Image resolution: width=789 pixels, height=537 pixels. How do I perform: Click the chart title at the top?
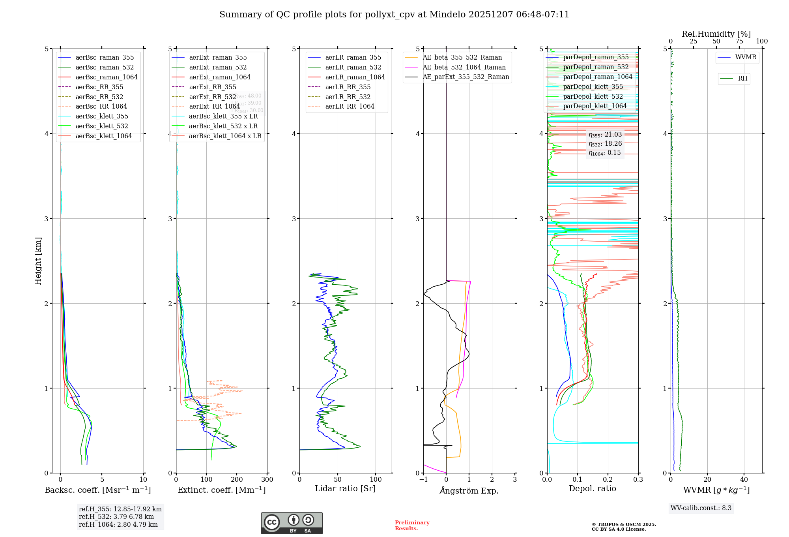click(x=394, y=15)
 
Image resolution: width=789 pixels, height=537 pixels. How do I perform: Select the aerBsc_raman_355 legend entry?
click(x=105, y=58)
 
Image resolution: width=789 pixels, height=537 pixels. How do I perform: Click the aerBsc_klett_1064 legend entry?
click(x=103, y=136)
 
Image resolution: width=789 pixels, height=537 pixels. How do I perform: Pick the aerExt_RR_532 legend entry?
click(x=212, y=97)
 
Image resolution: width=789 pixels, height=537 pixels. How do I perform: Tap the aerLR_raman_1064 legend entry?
click(x=355, y=77)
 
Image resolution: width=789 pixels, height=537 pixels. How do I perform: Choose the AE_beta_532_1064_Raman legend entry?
click(x=464, y=68)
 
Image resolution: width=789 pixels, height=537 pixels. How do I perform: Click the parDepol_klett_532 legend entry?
click(x=593, y=97)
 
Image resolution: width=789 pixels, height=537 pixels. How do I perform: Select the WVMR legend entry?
click(x=746, y=58)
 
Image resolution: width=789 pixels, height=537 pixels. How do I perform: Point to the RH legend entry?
click(x=742, y=79)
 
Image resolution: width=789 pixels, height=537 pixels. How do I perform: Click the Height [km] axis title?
click(x=38, y=261)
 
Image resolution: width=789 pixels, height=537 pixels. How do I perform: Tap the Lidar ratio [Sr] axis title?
click(x=345, y=489)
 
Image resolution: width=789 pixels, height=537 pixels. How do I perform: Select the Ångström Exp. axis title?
click(x=469, y=491)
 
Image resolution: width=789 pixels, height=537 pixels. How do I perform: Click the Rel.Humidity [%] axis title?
click(x=716, y=34)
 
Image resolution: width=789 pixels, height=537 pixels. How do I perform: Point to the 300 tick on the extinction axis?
click(x=267, y=480)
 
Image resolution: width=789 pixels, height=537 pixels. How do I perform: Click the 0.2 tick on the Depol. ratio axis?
click(x=608, y=480)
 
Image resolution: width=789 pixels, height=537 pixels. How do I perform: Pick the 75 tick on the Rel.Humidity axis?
click(x=739, y=41)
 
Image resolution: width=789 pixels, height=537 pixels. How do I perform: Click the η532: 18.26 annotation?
click(x=605, y=144)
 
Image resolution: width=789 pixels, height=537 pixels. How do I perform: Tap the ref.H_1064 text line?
click(x=118, y=525)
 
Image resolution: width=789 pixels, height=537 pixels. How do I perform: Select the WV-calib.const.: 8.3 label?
click(x=701, y=508)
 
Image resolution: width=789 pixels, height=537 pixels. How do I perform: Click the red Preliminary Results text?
click(x=412, y=526)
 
